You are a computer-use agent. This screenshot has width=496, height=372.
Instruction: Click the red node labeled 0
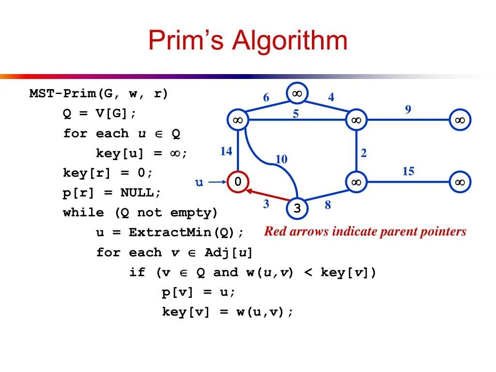pyautogui.click(x=238, y=182)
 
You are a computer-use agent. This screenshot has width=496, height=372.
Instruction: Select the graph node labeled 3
pyautogui.click(x=297, y=209)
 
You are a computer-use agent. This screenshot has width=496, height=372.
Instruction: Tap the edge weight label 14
pyautogui.click(x=226, y=152)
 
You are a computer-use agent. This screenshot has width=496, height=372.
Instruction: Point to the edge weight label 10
pyautogui.click(x=281, y=159)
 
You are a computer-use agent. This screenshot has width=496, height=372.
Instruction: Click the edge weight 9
pyautogui.click(x=408, y=109)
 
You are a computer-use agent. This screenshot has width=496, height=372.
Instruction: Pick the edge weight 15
pyautogui.click(x=408, y=171)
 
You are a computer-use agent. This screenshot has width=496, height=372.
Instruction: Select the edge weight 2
pyautogui.click(x=364, y=154)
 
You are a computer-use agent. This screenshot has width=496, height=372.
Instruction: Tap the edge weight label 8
pyautogui.click(x=328, y=205)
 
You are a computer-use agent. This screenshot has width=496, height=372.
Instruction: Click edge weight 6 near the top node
pyautogui.click(x=266, y=98)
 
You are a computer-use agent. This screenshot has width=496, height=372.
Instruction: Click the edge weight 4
pyautogui.click(x=331, y=97)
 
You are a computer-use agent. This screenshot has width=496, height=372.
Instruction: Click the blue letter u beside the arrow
pyautogui.click(x=199, y=183)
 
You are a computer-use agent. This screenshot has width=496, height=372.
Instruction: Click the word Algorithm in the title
pyautogui.click(x=290, y=41)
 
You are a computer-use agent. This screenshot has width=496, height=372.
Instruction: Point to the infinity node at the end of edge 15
pyautogui.click(x=460, y=182)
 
